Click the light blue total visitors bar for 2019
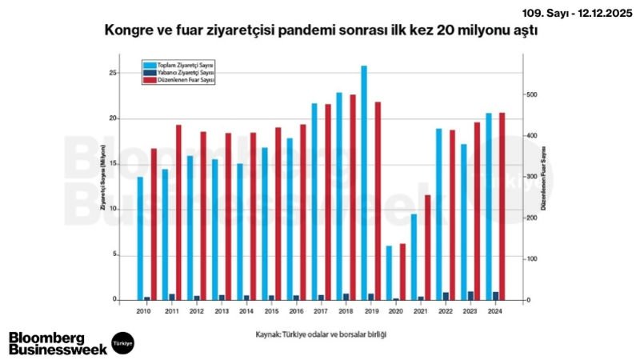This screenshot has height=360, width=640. [364, 183]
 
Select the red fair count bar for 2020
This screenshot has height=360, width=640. [403, 272]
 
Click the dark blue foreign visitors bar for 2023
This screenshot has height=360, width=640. [470, 296]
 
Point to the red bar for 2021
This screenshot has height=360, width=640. [428, 247]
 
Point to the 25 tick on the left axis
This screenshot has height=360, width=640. [114, 73]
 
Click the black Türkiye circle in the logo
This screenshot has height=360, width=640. [123, 342]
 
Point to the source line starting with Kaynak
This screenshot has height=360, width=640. [310, 334]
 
